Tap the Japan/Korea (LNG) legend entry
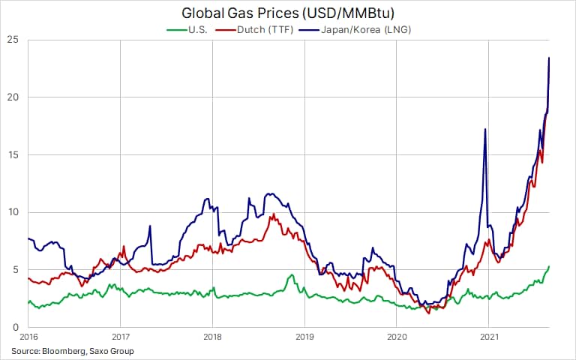pyautogui.click(x=360, y=29)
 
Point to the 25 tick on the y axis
pyautogui.click(x=13, y=40)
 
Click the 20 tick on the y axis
pyautogui.click(x=13, y=97)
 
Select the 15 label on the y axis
pyautogui.click(x=13, y=155)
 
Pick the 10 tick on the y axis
pyautogui.click(x=13, y=212)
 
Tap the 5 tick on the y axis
pyautogui.click(x=16, y=270)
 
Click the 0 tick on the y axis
pyautogui.click(x=16, y=328)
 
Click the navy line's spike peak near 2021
pyautogui.click(x=485, y=130)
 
